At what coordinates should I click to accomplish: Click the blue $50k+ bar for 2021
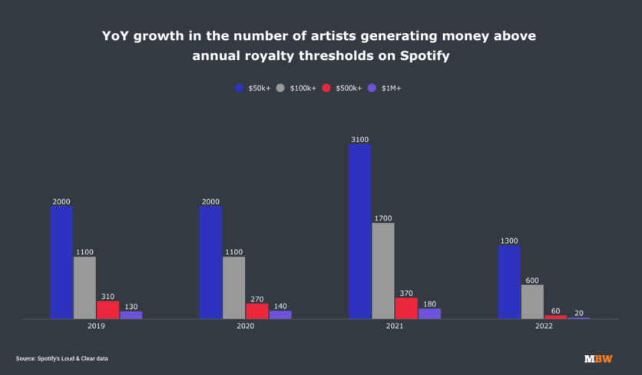(360, 231)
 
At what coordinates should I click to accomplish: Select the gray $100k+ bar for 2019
(84, 287)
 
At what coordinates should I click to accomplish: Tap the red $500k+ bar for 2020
(257, 310)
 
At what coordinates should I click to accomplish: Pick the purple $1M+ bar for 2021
(429, 314)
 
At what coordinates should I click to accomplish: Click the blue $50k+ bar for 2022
(509, 282)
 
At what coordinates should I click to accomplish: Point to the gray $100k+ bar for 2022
(532, 301)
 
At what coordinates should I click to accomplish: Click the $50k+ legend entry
(252, 88)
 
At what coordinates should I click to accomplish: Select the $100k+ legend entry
(297, 88)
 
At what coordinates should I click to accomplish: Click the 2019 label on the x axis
(96, 327)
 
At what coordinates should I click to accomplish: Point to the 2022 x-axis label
(544, 327)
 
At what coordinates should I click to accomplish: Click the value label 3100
(360, 140)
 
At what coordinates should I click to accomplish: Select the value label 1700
(383, 218)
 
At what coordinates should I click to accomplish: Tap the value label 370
(406, 293)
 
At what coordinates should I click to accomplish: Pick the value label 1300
(509, 241)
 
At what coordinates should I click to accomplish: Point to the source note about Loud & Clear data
(62, 359)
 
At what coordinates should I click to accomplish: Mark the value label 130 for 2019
(131, 307)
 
